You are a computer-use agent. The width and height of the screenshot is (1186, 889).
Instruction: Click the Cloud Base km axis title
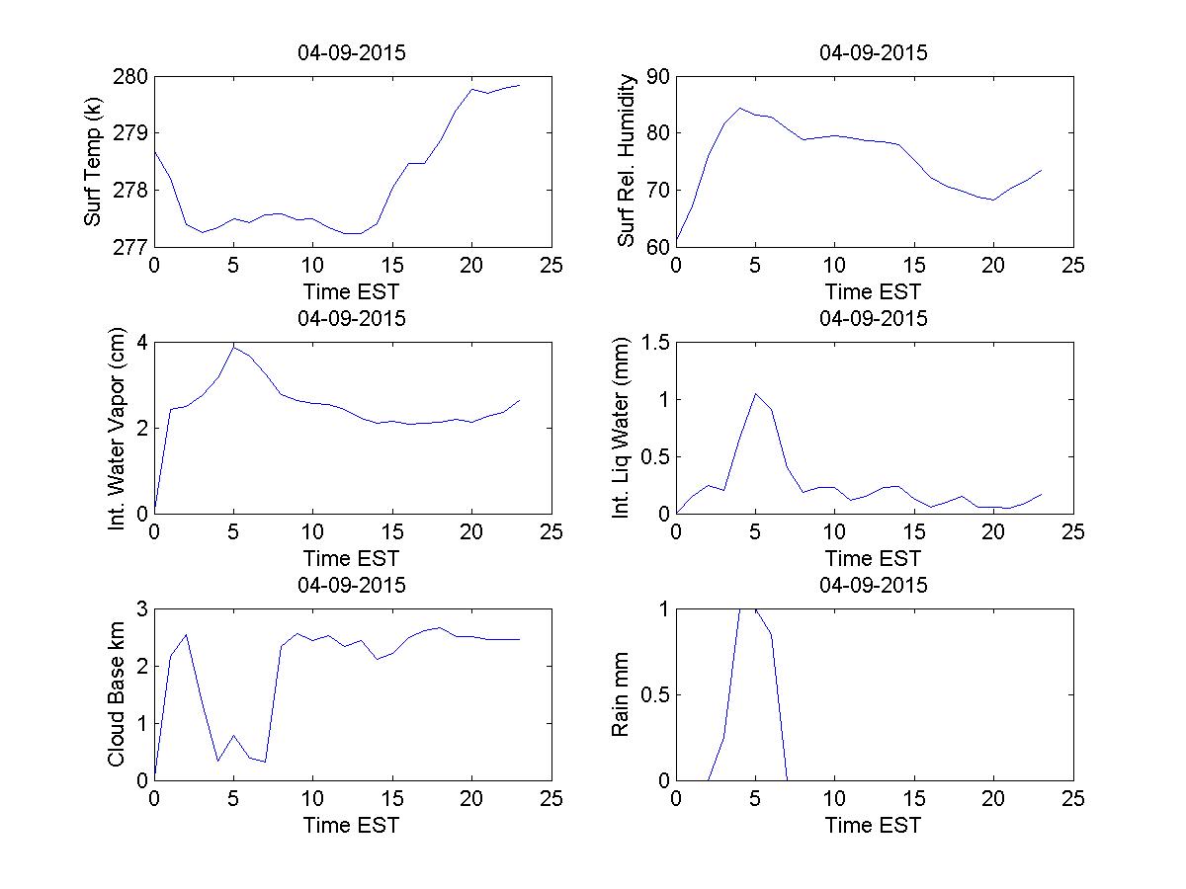(x=117, y=694)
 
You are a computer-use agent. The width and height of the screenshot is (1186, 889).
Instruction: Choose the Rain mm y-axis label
(x=621, y=694)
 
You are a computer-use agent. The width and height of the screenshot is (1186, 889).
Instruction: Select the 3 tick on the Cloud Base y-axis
(x=140, y=609)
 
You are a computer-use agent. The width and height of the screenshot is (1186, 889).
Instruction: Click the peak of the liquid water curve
(x=756, y=393)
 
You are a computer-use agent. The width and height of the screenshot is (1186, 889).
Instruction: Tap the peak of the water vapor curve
(x=233, y=346)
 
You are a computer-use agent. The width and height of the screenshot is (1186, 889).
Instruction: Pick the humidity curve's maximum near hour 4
(x=739, y=108)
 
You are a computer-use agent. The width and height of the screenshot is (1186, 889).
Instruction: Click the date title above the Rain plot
(x=874, y=585)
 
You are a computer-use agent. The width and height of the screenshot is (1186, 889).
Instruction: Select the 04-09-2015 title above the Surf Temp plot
(x=352, y=52)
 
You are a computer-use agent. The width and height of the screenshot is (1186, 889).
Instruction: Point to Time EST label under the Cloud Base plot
(x=352, y=825)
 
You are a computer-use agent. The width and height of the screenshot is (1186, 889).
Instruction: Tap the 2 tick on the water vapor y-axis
(x=140, y=428)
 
